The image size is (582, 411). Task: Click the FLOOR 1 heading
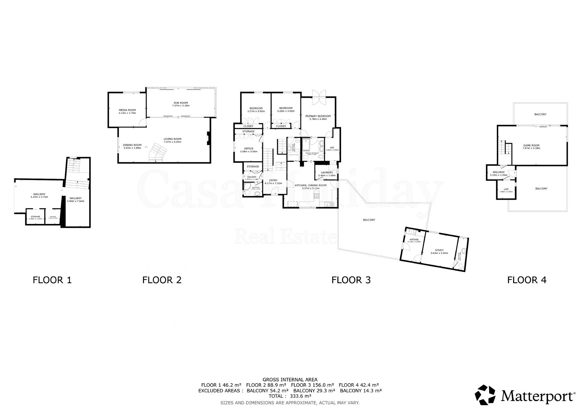click(x=52, y=280)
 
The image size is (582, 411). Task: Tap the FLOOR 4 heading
click(x=527, y=280)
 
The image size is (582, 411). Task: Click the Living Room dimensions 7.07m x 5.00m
click(x=172, y=142)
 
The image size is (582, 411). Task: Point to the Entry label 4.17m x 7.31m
click(x=273, y=182)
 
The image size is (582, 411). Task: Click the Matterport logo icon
click(x=485, y=395)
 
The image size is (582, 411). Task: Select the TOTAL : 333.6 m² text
click(x=290, y=396)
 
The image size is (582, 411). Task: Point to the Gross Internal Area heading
click(x=290, y=380)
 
